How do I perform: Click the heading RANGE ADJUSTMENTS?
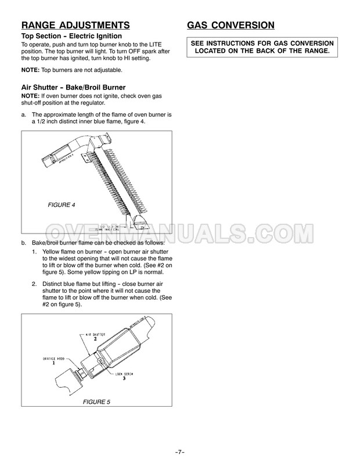[x=75, y=25]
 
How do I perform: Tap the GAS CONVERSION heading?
[x=231, y=25]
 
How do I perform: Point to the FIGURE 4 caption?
[x=61, y=206]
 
